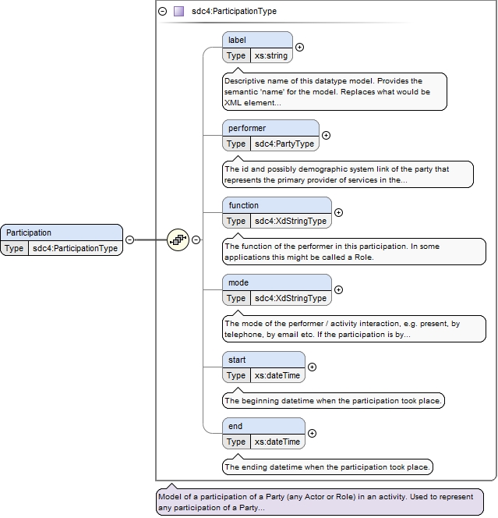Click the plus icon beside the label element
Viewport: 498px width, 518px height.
[300, 48]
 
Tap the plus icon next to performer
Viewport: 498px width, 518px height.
[326, 136]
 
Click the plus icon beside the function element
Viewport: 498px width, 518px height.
[338, 212]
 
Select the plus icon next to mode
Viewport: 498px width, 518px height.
[338, 289]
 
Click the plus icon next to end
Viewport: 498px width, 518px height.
[312, 433]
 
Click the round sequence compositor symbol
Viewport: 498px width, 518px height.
[178, 239]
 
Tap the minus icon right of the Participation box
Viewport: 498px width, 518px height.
[130, 239]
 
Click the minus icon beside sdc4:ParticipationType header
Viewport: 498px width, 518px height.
[163, 12]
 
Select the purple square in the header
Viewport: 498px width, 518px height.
[179, 12]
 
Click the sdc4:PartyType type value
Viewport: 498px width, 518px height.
[284, 144]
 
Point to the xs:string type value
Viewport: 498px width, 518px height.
[271, 55]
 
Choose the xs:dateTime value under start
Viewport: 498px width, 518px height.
[277, 375]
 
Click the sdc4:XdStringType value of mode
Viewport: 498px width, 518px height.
[291, 298]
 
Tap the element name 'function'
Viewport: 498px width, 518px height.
[244, 205]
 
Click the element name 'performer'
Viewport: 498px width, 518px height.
[247, 128]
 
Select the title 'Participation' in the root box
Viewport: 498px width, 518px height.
[29, 232]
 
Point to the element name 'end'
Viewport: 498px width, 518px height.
[235, 426]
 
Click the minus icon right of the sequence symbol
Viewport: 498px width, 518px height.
[196, 239]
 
